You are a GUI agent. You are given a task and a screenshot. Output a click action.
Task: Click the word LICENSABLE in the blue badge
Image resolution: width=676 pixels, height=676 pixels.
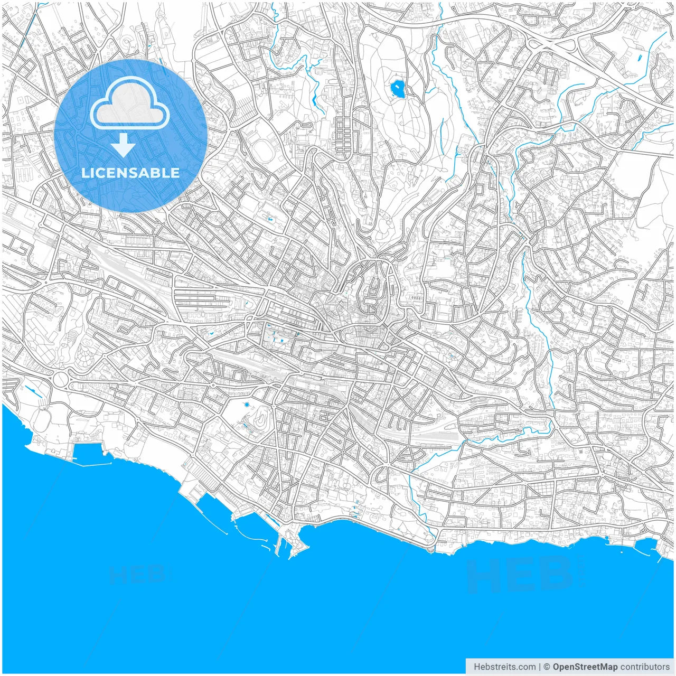click(130, 173)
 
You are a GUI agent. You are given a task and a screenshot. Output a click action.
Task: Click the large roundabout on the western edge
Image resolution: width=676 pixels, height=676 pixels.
click(61, 379)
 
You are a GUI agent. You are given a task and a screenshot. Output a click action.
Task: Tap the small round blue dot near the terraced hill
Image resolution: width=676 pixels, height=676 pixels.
click(247, 405)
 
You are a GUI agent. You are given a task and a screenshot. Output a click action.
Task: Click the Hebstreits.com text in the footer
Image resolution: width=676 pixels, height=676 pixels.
click(505, 667)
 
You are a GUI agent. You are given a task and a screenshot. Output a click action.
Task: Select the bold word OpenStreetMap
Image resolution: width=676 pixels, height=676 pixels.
click(585, 667)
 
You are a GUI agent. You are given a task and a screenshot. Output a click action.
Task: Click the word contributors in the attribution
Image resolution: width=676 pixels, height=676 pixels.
click(645, 667)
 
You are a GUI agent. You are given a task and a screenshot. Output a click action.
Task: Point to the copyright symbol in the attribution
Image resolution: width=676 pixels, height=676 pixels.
click(547, 667)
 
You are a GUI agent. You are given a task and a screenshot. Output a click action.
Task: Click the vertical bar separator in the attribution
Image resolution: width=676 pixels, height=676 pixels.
click(539, 667)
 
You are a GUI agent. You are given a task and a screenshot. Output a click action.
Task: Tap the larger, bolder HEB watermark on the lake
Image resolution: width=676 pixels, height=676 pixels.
click(520, 576)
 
